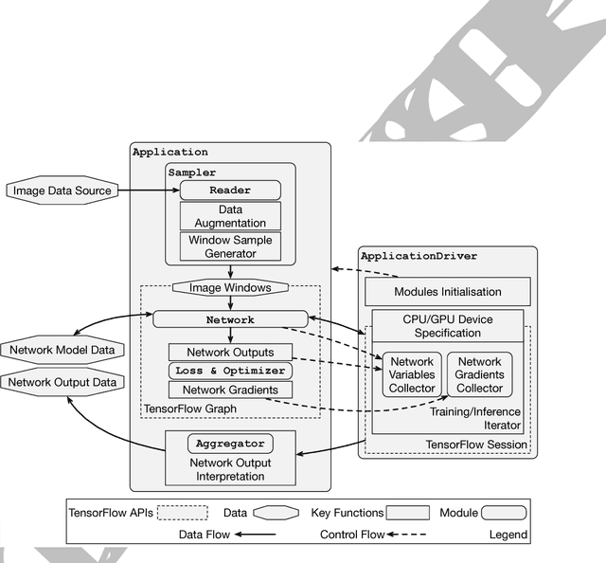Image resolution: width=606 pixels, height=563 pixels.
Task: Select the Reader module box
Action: pyautogui.click(x=230, y=191)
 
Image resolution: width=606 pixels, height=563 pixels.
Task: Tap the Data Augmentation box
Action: pyautogui.click(x=230, y=216)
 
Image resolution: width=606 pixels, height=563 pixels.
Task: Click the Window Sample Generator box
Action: pyautogui.click(x=230, y=246)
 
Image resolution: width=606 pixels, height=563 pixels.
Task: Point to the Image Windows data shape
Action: pyautogui.click(x=231, y=287)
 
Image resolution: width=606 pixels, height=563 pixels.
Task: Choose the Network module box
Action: pyautogui.click(x=230, y=319)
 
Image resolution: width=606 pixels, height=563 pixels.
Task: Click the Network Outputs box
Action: pyautogui.click(x=230, y=352)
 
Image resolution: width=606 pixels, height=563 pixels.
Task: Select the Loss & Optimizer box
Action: pyautogui.click(x=230, y=371)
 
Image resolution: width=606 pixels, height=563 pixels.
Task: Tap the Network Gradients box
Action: pyautogui.click(x=230, y=390)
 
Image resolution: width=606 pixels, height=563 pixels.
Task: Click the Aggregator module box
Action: pyautogui.click(x=230, y=443)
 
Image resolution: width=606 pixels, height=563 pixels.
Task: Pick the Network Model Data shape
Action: pyautogui.click(x=62, y=350)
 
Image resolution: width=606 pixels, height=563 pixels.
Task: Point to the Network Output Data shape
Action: pyautogui.click(x=62, y=382)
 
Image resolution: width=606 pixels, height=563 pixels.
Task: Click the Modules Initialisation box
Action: pyautogui.click(x=447, y=291)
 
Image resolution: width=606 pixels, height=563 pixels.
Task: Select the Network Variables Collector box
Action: pyautogui.click(x=412, y=374)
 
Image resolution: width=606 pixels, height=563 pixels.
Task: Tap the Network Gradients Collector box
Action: pyautogui.click(x=479, y=374)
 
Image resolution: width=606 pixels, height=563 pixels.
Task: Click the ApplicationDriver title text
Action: pyautogui.click(x=419, y=256)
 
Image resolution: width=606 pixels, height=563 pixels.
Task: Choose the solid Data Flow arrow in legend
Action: pyautogui.click(x=255, y=536)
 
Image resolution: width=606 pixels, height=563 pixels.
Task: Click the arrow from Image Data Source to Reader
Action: pyautogui.click(x=148, y=191)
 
